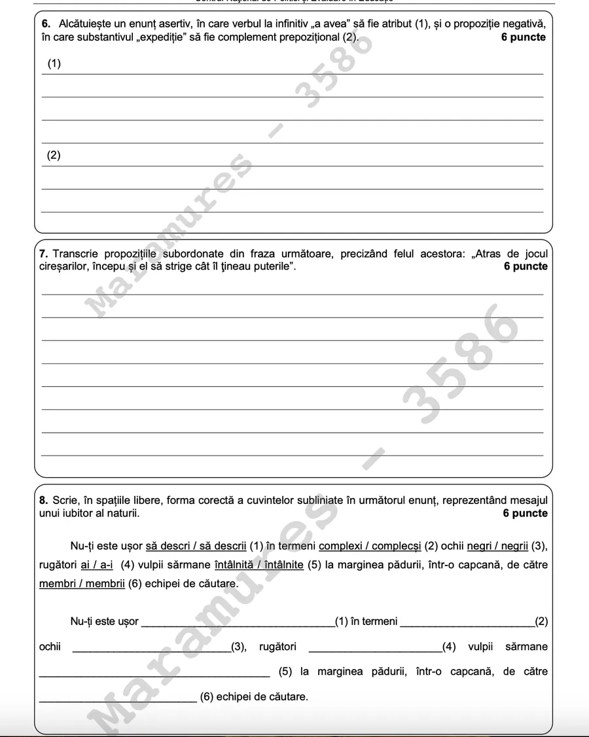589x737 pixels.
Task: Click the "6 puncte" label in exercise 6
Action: [x=523, y=37]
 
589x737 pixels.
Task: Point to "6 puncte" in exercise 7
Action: [x=526, y=266]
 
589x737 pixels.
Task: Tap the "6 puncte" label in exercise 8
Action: [x=525, y=513]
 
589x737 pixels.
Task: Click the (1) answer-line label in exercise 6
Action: [x=54, y=64]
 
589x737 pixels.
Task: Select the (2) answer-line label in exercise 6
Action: [x=54, y=156]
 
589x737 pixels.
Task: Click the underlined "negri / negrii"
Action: [x=498, y=546]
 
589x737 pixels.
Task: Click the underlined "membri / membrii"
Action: [x=82, y=583]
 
